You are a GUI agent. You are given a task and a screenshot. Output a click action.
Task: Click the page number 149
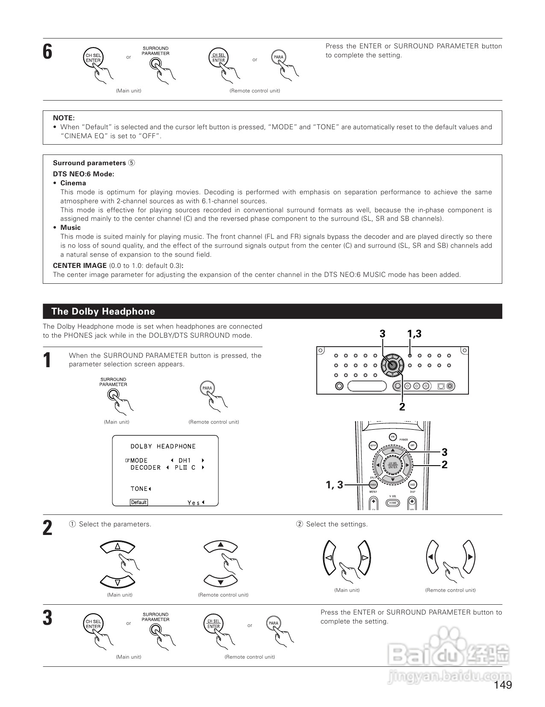[503, 685]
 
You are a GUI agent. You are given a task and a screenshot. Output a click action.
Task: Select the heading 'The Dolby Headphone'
[103, 312]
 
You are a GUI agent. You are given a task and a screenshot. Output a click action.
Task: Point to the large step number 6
[47, 52]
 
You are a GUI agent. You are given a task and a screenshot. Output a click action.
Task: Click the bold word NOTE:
[64, 118]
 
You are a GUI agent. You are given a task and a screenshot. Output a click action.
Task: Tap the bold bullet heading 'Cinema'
[73, 183]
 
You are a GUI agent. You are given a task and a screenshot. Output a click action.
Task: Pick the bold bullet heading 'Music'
[71, 227]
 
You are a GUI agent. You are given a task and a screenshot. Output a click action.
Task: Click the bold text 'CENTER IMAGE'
[80, 265]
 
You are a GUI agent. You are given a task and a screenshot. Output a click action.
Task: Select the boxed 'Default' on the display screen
[138, 502]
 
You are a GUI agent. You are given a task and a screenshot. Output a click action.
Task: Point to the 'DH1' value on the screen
[185, 460]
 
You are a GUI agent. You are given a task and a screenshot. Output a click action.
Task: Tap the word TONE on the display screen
[139, 489]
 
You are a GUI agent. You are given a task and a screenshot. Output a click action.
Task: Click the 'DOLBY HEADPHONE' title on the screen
[163, 446]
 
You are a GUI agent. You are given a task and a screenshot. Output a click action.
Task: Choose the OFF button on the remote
[412, 446]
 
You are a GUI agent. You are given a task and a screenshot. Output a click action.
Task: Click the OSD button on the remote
[412, 484]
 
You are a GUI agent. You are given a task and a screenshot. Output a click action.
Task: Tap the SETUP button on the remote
[373, 446]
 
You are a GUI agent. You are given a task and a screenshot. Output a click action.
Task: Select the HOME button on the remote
[393, 502]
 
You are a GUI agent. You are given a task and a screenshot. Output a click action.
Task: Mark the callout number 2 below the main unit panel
[402, 407]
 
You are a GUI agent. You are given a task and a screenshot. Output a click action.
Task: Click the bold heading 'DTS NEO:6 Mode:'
[83, 174]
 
